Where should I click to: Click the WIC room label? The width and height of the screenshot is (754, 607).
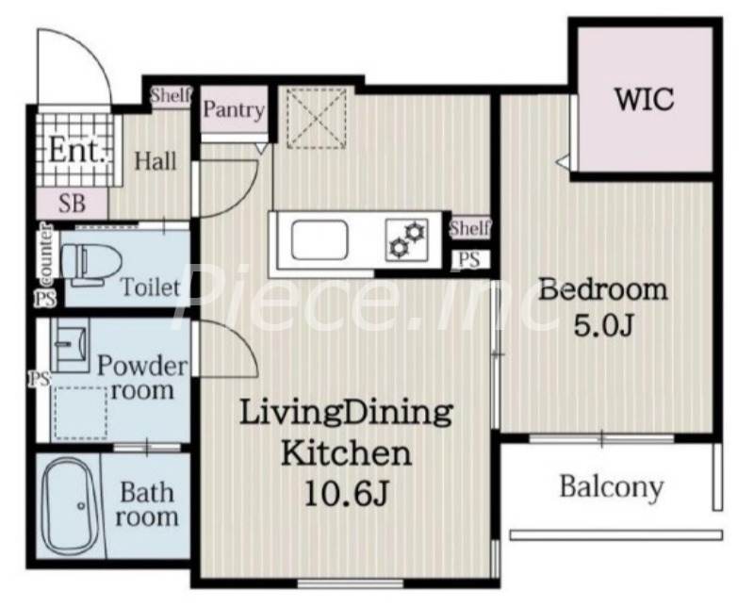click(x=645, y=100)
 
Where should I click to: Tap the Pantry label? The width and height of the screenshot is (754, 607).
click(x=234, y=109)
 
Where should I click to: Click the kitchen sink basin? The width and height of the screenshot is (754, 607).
click(x=320, y=240)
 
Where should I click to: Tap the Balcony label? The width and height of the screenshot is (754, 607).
click(x=611, y=487)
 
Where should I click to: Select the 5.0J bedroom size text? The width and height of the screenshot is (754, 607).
click(x=603, y=326)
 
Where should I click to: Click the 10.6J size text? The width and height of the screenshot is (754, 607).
click(x=346, y=494)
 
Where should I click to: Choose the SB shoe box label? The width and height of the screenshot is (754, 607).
click(x=73, y=203)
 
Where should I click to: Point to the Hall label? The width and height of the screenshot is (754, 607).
click(x=156, y=161)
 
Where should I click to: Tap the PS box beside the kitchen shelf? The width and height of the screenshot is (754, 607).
click(x=469, y=260)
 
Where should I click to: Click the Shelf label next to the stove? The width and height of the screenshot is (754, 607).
click(x=469, y=228)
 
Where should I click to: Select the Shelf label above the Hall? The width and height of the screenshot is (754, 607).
click(x=172, y=95)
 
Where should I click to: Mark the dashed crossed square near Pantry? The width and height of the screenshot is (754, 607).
click(x=317, y=118)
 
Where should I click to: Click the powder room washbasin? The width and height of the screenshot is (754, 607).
click(x=70, y=344)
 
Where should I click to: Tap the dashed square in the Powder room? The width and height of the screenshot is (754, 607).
click(x=80, y=413)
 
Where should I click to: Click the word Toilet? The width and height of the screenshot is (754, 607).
click(x=150, y=287)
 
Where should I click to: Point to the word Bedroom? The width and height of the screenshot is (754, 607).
click(x=602, y=290)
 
